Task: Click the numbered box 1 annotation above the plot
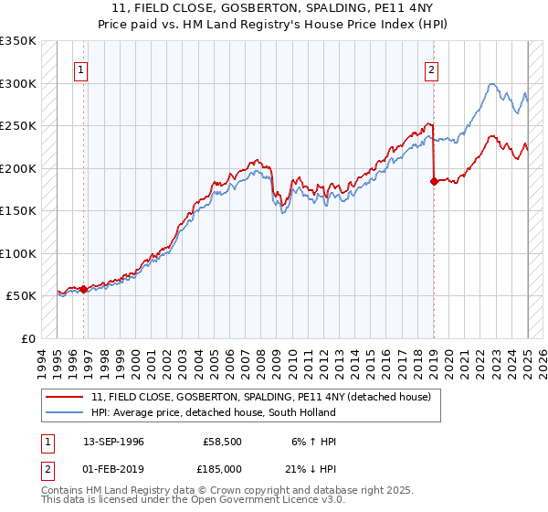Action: coord(81,69)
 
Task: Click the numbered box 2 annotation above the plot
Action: coord(431,69)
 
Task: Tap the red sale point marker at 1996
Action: coord(84,289)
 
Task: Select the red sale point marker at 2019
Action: coord(434,181)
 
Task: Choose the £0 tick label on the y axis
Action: coord(27,338)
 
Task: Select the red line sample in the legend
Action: coord(64,396)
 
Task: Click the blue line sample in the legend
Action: coord(64,411)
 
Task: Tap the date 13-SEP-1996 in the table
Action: coord(113,442)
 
